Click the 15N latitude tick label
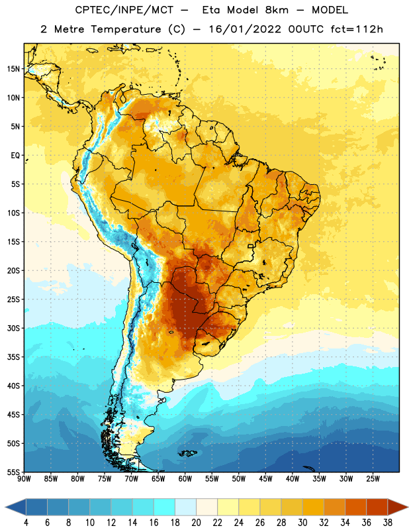pyautogui.click(x=13, y=69)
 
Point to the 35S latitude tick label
pyautogui.click(x=13, y=357)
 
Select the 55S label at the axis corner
pyautogui.click(x=13, y=472)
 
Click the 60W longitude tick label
pyautogui.click(x=185, y=479)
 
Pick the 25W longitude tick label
pyautogui.click(x=373, y=479)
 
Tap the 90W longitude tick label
pyautogui.click(x=24, y=479)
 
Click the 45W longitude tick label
pyautogui.click(x=265, y=479)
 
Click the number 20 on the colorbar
pyautogui.click(x=196, y=523)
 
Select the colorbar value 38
pyautogui.click(x=388, y=523)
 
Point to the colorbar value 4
pyautogui.click(x=26, y=523)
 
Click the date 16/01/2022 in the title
pyautogui.click(x=245, y=29)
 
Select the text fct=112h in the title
pyautogui.click(x=357, y=29)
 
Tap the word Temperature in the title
pyautogui.click(x=126, y=29)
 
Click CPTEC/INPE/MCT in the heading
pyautogui.click(x=124, y=10)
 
